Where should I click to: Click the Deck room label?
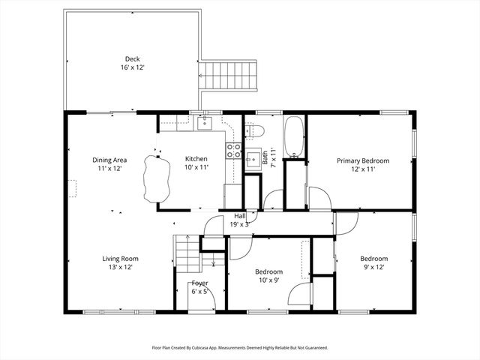click(x=132, y=59)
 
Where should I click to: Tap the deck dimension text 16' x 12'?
click(x=132, y=67)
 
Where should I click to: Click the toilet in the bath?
click(x=255, y=131)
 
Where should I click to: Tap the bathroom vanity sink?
click(x=253, y=160)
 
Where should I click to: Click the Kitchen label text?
click(x=196, y=159)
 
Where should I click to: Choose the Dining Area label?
click(x=109, y=160)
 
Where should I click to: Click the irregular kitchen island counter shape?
click(x=154, y=181)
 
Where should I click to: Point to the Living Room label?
click(x=121, y=259)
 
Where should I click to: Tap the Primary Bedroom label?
click(x=362, y=160)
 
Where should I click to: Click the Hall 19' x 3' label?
click(x=240, y=220)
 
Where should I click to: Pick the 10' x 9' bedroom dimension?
click(x=268, y=280)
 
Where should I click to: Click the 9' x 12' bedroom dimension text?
click(x=373, y=267)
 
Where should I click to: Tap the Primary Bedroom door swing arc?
click(x=319, y=199)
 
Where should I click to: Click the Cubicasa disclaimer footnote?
click(x=240, y=348)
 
